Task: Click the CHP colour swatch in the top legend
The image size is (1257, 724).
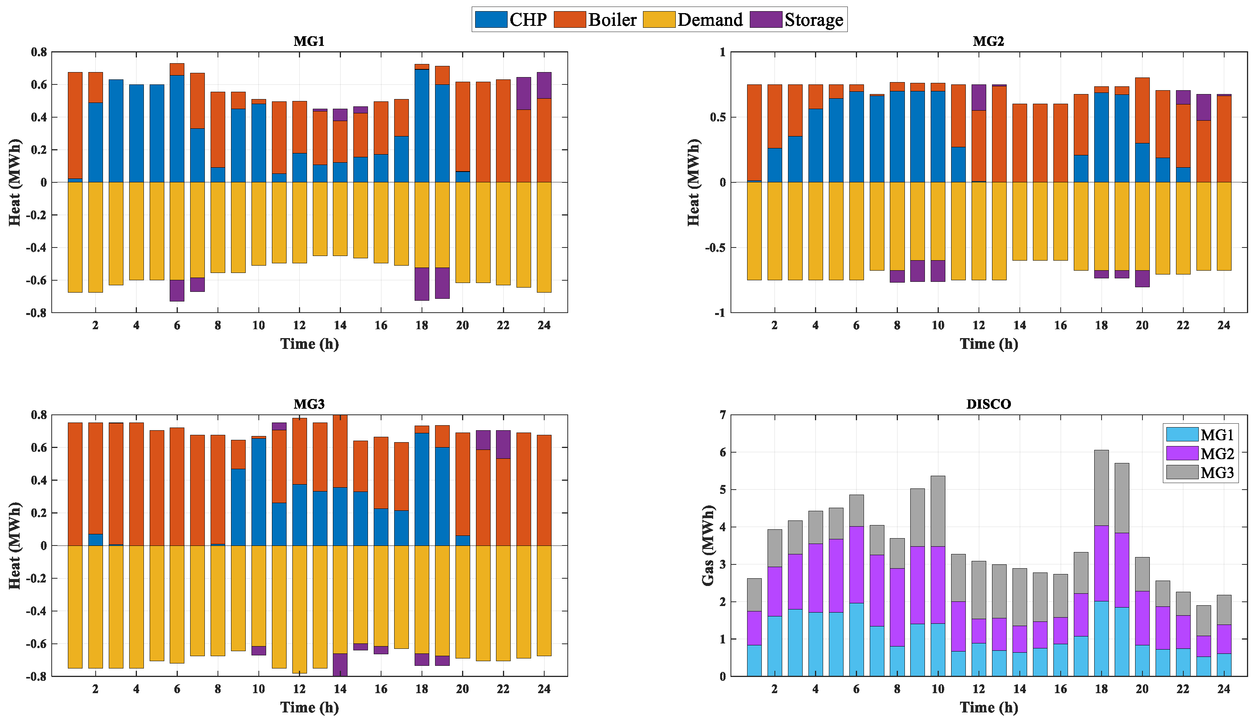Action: pos(491,19)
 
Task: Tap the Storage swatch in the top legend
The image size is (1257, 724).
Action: pos(766,19)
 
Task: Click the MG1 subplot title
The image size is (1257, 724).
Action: pos(309,41)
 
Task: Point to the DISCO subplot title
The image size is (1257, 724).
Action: pos(989,404)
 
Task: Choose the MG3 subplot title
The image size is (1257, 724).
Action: pos(309,404)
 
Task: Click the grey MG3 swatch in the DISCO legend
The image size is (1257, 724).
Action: pos(1182,472)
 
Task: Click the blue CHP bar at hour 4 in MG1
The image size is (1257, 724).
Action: pos(136,133)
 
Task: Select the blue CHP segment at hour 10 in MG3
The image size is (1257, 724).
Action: pos(259,492)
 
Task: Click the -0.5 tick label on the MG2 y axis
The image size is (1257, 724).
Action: pos(714,248)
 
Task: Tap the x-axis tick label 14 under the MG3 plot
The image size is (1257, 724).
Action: pos(340,689)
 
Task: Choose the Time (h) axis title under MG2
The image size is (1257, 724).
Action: pos(989,344)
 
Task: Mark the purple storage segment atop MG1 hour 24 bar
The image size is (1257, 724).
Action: pos(544,85)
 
